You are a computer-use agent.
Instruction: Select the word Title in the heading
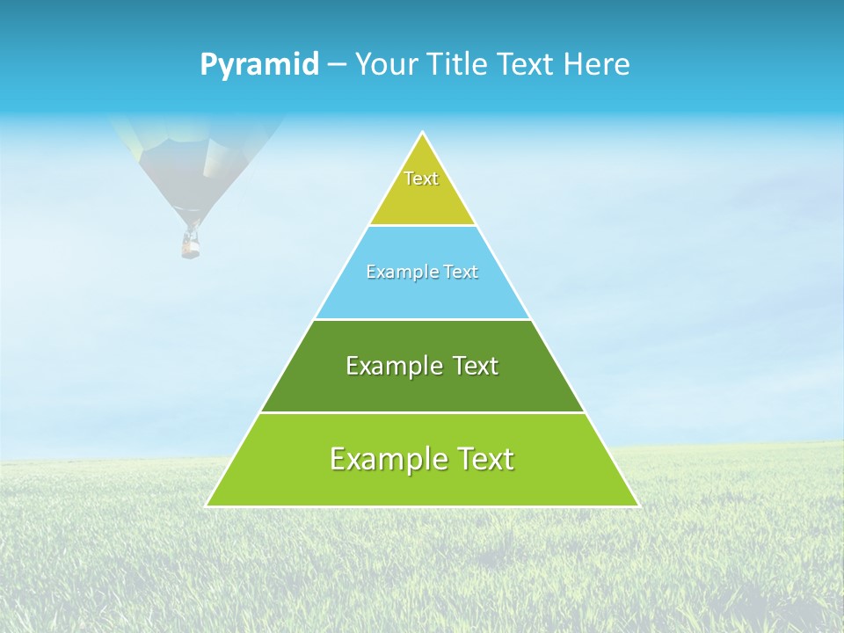click(462, 65)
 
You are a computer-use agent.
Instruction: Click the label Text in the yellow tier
click(421, 178)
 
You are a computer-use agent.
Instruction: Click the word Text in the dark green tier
click(476, 366)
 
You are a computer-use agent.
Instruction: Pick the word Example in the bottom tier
click(382, 460)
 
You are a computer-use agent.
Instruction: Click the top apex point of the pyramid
click(423, 134)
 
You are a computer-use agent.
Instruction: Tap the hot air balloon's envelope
click(193, 158)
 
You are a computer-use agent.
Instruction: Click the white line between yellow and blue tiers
click(422, 225)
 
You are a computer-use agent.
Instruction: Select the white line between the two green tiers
click(422, 412)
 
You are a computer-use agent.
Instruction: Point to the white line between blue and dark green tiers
click(422, 319)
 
